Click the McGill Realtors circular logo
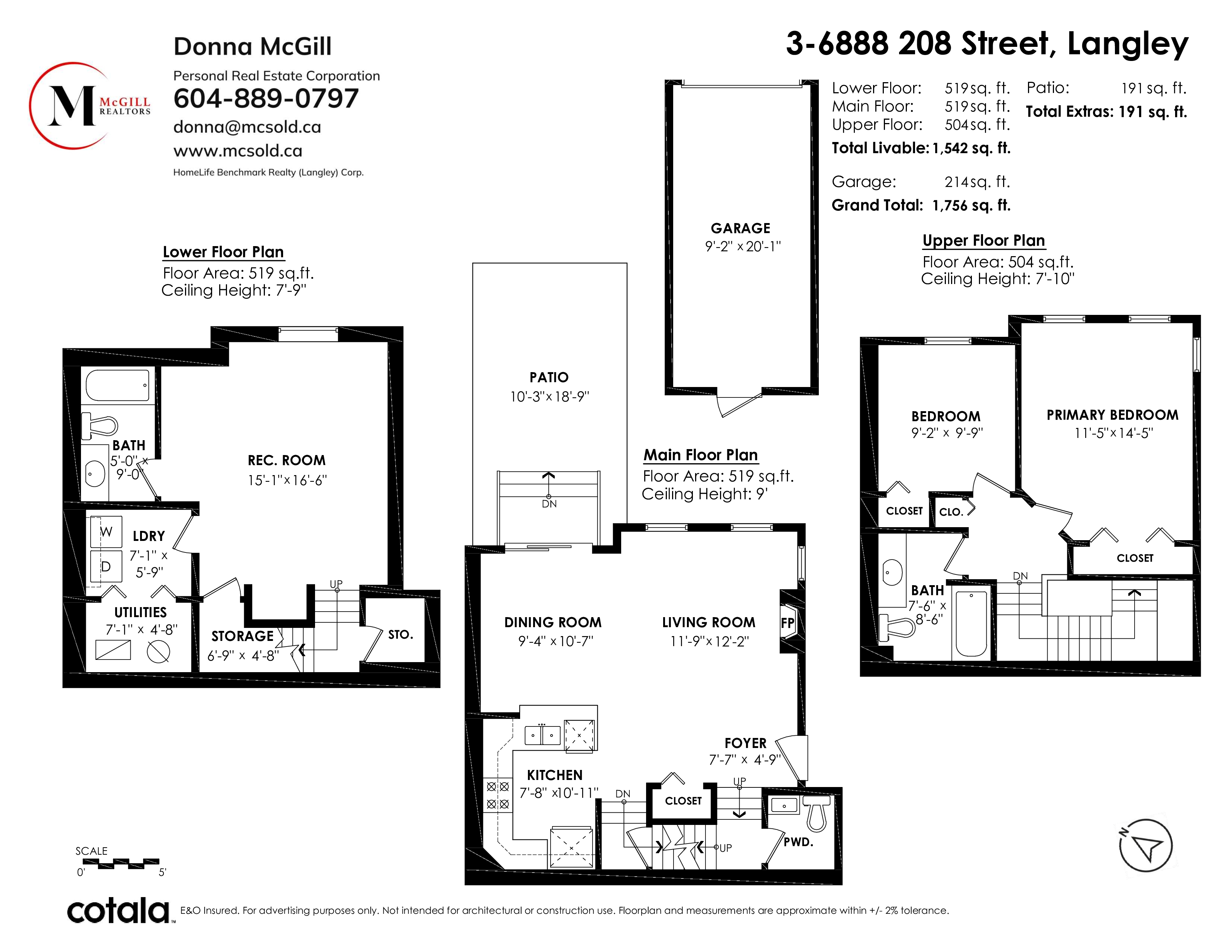tap(90, 106)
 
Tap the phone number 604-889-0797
tap(266, 99)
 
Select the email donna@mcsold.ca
tap(247, 127)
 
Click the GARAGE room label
tap(740, 228)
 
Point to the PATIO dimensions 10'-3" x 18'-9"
tap(549, 397)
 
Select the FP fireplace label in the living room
tap(788, 623)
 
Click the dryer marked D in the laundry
tap(106, 567)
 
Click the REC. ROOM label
tap(287, 461)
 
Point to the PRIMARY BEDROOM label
tap(1112, 415)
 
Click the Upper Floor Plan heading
tap(983, 241)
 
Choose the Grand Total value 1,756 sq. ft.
tap(971, 206)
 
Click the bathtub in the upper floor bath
tap(971, 624)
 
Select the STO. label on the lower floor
tap(400, 635)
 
